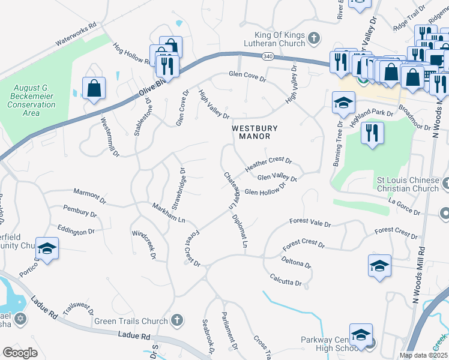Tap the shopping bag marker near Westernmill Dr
tap(94, 89)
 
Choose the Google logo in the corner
tap(18, 353)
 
